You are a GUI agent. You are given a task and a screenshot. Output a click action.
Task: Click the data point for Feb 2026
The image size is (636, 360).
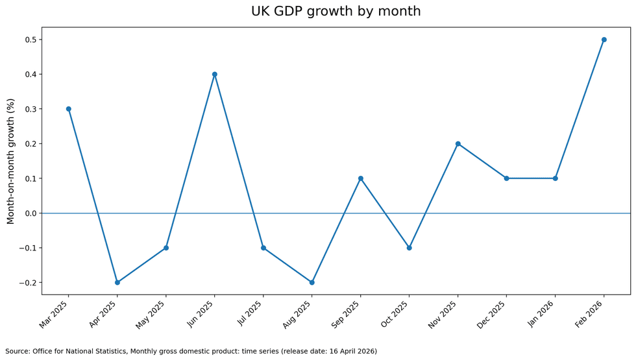604,40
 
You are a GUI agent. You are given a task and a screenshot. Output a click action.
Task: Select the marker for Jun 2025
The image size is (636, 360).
214,75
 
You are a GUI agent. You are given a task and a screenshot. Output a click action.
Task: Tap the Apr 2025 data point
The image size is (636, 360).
117,282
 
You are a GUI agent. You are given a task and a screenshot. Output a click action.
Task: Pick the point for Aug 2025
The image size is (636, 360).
312,282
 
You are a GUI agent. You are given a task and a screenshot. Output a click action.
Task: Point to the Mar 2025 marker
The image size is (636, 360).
68,109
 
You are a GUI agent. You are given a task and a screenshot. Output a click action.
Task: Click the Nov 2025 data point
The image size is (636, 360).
458,144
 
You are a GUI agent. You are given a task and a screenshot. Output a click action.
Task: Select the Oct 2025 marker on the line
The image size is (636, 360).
409,248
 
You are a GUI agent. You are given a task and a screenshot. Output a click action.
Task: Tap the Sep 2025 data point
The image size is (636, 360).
361,178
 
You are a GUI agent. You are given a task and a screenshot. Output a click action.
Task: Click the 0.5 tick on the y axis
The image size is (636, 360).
30,40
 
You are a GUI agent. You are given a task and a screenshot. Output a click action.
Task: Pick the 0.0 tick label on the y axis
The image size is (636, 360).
30,213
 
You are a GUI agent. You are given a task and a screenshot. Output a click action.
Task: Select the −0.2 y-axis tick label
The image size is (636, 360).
27,283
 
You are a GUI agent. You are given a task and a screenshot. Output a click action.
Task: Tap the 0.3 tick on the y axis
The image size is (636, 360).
30,109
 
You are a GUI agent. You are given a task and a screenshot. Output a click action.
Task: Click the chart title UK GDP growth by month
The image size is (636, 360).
336,12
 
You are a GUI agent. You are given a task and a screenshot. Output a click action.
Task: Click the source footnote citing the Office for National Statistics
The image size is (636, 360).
191,351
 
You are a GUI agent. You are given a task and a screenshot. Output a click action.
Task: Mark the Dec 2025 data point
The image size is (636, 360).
506,178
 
